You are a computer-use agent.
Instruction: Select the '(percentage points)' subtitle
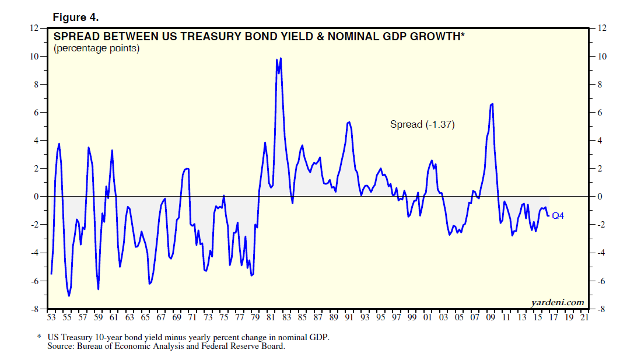pyautogui.click(x=96, y=48)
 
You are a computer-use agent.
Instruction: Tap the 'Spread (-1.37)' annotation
pyautogui.click(x=422, y=124)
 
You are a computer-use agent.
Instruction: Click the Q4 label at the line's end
pyautogui.click(x=558, y=216)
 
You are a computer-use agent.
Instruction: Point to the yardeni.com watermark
pyautogui.click(x=557, y=302)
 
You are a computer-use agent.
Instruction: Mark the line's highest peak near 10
pyautogui.click(x=281, y=58)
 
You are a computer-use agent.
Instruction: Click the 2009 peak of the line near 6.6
pyautogui.click(x=492, y=104)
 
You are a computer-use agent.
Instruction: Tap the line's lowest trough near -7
pyautogui.click(x=69, y=296)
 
